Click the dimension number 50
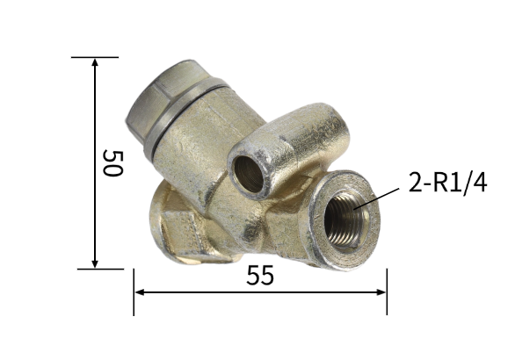tap(112, 163)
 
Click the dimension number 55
tap(260, 276)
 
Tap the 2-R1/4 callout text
tap(447, 183)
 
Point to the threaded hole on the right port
tap(347, 220)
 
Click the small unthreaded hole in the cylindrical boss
tap(249, 174)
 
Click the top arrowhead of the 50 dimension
tap(95, 62)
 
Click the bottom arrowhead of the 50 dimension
tap(95, 263)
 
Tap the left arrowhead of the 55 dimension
tap(139, 292)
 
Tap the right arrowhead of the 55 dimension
tap(381, 292)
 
